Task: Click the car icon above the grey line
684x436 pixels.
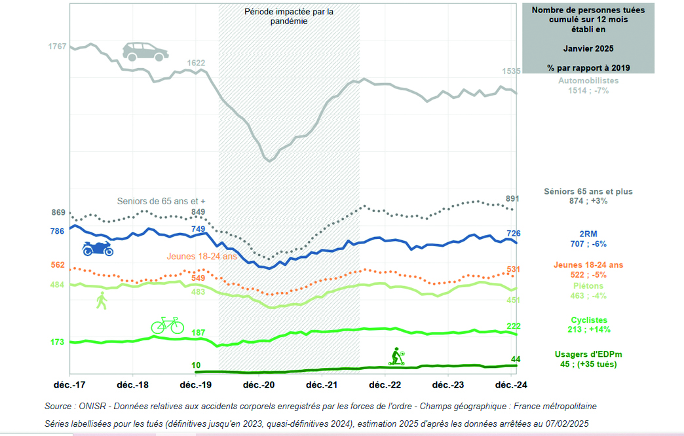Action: tap(144, 52)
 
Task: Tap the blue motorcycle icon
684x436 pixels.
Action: tap(97, 248)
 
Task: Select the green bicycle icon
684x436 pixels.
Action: tap(168, 325)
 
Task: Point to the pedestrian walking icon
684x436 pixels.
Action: tap(101, 301)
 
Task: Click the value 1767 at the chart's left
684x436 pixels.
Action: tap(58, 46)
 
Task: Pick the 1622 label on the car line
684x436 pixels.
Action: tap(196, 63)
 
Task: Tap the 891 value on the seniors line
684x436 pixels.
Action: tap(514, 199)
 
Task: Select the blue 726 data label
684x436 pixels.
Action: tap(514, 233)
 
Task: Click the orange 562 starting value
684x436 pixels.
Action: tap(58, 264)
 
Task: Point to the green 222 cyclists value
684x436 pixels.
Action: tap(514, 326)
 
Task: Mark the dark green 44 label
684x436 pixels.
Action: tap(516, 359)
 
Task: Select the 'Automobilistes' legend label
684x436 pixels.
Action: tap(588, 81)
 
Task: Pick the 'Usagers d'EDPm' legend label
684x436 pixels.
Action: tap(588, 354)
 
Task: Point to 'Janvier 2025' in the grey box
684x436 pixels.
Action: tap(588, 48)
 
